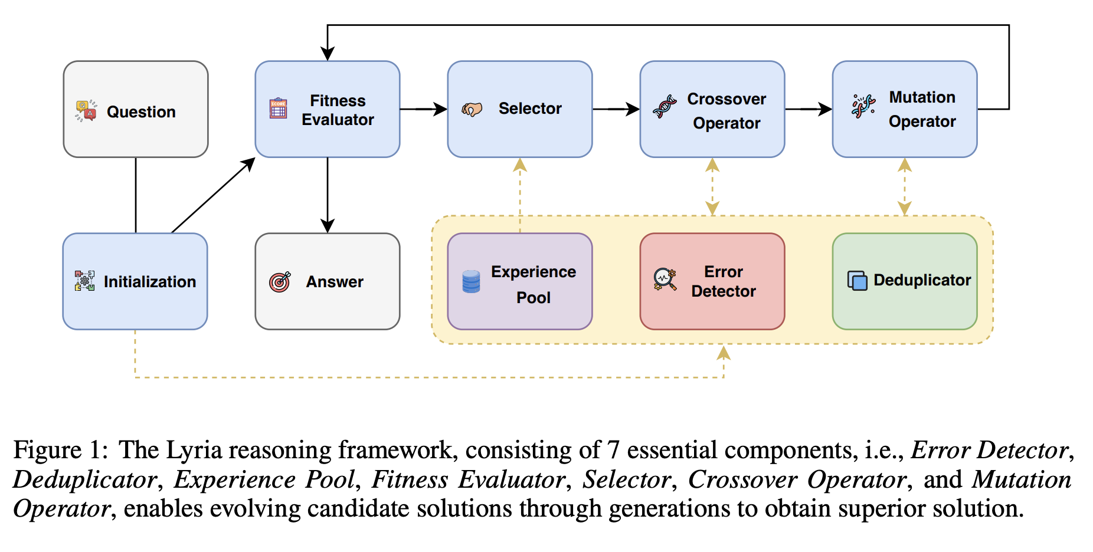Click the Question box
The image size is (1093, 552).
pyautogui.click(x=136, y=109)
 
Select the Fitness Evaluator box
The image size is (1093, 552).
pyautogui.click(x=328, y=109)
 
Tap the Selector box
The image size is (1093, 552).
pyautogui.click(x=519, y=109)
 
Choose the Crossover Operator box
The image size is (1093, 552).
pyautogui.click(x=712, y=109)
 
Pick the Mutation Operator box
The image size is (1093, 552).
pyautogui.click(x=905, y=109)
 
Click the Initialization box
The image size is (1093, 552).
pyautogui.click(x=135, y=281)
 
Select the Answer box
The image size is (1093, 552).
pyautogui.click(x=328, y=281)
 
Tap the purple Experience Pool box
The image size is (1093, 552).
pyautogui.click(x=519, y=281)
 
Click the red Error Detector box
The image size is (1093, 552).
pyautogui.click(x=712, y=281)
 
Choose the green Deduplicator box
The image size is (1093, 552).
pyautogui.click(x=905, y=281)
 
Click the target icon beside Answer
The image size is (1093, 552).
pyautogui.click(x=280, y=282)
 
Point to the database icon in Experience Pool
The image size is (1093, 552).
pyautogui.click(x=471, y=281)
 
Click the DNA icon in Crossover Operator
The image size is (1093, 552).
pyautogui.click(x=665, y=107)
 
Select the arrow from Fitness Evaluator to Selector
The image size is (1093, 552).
pyautogui.click(x=423, y=109)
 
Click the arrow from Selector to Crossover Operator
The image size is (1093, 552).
pyautogui.click(x=616, y=109)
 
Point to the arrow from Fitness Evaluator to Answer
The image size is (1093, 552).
pyautogui.click(x=328, y=195)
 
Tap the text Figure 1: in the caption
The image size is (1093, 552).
pyautogui.click(x=60, y=450)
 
